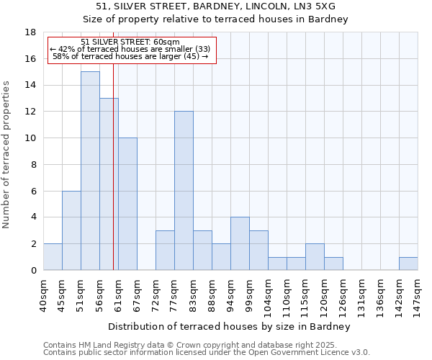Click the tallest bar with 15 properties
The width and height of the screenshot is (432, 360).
tap(90, 171)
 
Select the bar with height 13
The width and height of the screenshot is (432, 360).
tap(109, 184)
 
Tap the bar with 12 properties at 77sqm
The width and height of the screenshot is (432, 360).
tap(184, 191)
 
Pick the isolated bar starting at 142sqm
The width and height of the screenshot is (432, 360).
tap(408, 264)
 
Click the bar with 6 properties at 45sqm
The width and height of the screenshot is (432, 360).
tap(71, 230)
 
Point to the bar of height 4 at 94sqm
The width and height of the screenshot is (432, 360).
tap(240, 243)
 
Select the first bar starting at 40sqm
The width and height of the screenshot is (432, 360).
tap(53, 257)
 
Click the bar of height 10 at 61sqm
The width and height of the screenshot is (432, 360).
tap(127, 204)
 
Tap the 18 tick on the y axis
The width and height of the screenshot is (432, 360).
tap(31, 32)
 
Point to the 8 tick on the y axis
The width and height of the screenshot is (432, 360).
tap(33, 165)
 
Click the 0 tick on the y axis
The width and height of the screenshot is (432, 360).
tap(33, 271)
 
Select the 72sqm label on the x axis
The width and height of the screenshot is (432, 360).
tap(156, 294)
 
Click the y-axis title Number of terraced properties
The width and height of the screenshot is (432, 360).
tap(7, 155)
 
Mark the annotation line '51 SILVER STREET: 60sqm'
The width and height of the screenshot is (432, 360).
tap(130, 42)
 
